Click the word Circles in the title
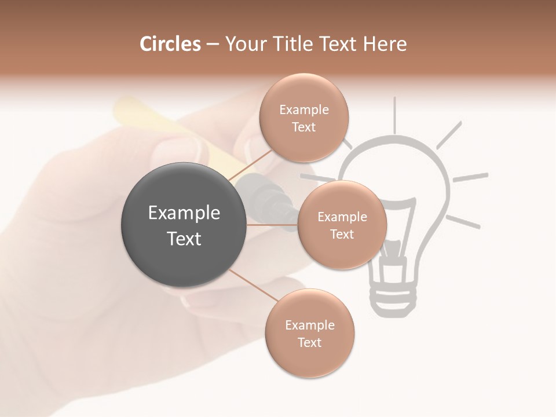click(x=170, y=44)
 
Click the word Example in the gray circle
click(x=184, y=213)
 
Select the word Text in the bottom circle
click(x=309, y=342)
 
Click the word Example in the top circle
click(x=304, y=109)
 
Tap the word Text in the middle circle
click(x=342, y=234)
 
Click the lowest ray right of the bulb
click(x=463, y=221)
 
